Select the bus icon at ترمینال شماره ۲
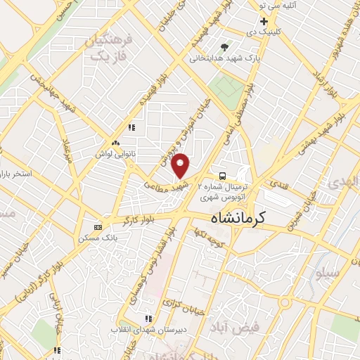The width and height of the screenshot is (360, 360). (x=222, y=175)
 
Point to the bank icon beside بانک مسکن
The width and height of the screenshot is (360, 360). (x=97, y=226)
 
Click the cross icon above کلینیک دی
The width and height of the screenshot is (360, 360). (x=264, y=22)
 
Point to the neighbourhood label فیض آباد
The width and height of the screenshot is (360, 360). (x=235, y=326)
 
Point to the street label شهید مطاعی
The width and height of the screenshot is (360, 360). (x=166, y=181)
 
